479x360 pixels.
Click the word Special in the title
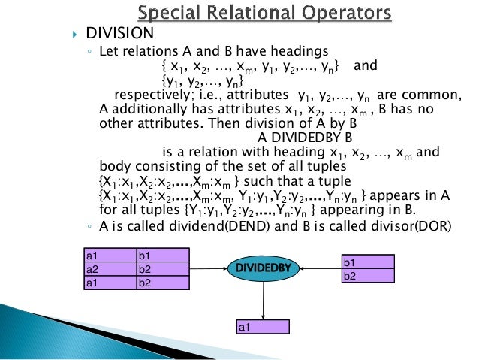point(170,13)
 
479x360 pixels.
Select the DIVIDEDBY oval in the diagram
point(264,267)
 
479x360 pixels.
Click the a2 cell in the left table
point(109,268)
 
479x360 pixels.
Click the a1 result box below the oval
point(262,327)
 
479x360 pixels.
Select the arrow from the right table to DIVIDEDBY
point(317,268)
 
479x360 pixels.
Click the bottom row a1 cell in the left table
point(109,282)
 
